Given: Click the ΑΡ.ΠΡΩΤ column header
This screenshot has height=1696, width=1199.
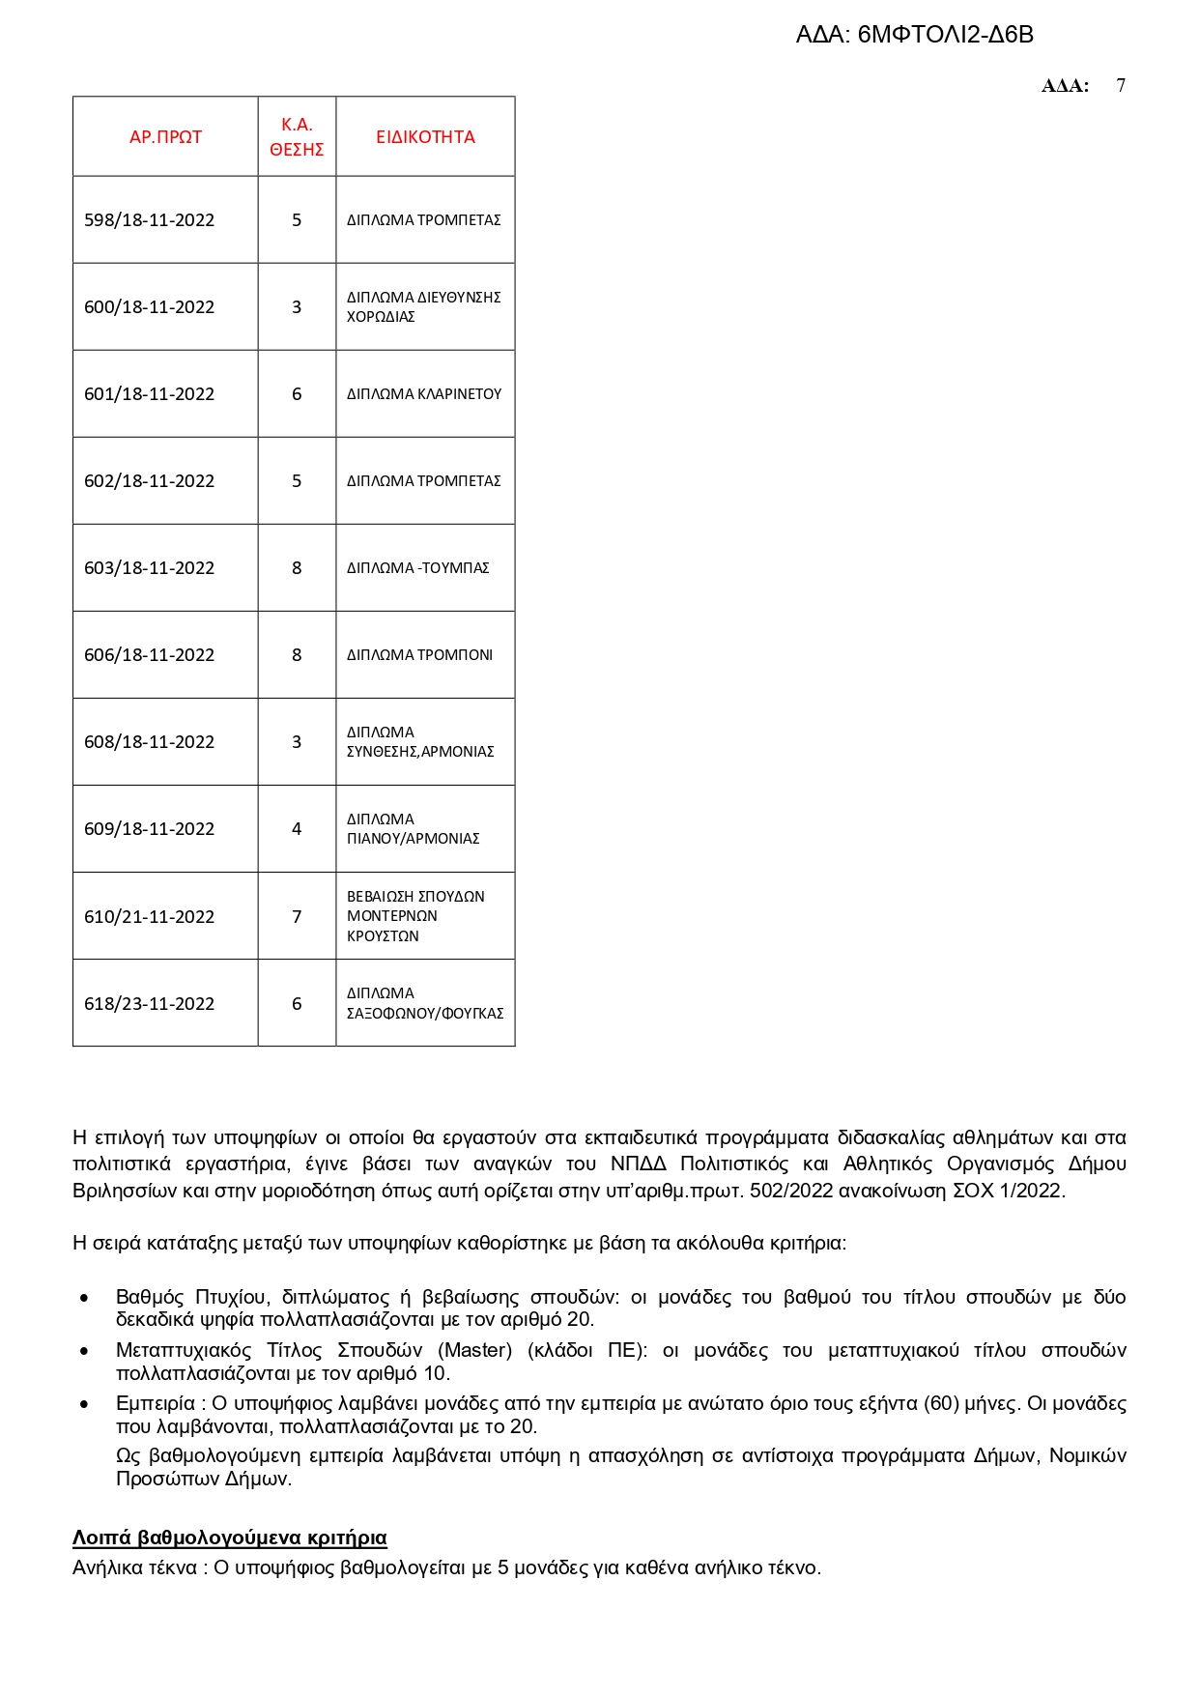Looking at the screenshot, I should (x=165, y=137).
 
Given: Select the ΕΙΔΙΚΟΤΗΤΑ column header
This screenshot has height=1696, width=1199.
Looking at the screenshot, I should (x=425, y=137).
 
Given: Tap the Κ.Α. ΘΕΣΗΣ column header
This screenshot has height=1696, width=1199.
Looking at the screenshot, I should (x=297, y=137).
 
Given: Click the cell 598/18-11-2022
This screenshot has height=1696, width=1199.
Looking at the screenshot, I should (x=150, y=220).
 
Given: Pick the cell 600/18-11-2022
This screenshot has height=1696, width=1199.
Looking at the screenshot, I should (x=150, y=307).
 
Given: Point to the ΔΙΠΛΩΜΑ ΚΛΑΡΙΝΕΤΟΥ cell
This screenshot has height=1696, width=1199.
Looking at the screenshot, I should (x=424, y=394).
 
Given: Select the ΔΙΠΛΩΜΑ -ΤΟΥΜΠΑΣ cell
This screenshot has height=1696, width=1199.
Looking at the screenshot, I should (x=418, y=568).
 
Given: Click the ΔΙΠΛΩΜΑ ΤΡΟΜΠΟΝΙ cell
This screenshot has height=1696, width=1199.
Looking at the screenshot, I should (x=419, y=655).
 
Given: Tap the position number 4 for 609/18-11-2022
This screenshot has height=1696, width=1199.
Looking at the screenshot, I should (x=297, y=829).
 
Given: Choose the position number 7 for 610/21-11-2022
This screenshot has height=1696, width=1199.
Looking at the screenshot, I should (x=297, y=916).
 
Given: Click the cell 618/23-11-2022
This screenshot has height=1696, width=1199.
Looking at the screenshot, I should (x=150, y=1004).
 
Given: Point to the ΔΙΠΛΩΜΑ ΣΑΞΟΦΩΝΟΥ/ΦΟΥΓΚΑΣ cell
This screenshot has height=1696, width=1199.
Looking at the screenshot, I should (x=425, y=1003).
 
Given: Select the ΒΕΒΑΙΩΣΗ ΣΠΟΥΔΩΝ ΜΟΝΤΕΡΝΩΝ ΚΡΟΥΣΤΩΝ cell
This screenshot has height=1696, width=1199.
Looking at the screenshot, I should (x=416, y=916).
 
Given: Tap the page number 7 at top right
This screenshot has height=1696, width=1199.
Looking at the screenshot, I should (x=1121, y=85).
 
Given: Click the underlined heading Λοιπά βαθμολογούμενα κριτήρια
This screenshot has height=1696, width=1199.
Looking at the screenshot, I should (x=230, y=1538).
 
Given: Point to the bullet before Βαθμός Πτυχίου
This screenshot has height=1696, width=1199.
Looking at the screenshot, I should (x=85, y=1298).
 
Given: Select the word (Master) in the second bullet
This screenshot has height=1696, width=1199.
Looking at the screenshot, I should (x=475, y=1350).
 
